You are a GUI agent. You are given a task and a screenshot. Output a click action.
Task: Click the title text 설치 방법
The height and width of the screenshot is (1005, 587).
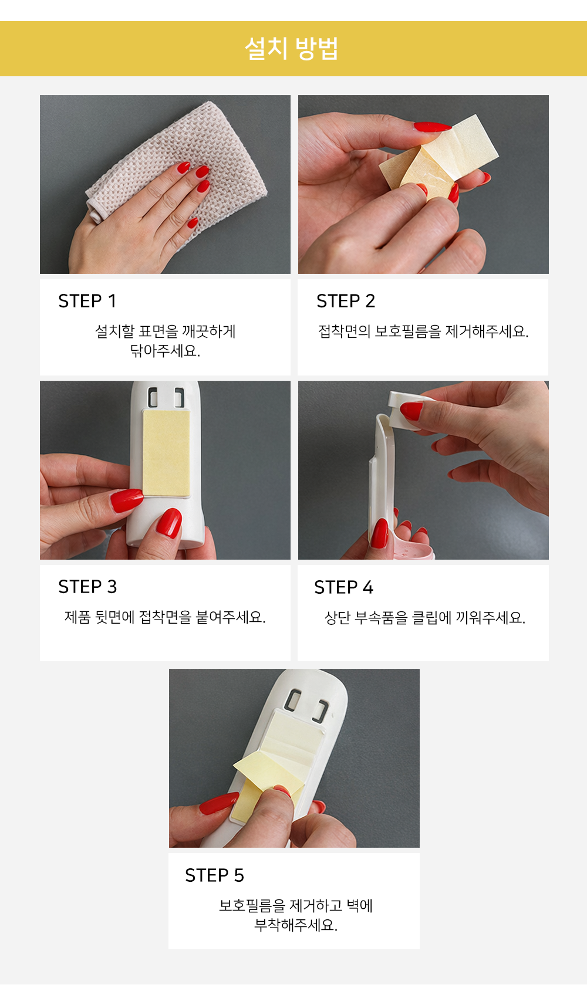click(291, 49)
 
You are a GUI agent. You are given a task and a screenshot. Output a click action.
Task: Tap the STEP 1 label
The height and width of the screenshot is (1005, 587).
click(87, 301)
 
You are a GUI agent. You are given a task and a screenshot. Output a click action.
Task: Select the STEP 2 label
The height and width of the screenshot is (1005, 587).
click(346, 301)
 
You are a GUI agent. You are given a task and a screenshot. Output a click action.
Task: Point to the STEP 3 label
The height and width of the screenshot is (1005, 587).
click(88, 587)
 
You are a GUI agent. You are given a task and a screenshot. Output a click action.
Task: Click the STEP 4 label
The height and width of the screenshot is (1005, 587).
click(344, 587)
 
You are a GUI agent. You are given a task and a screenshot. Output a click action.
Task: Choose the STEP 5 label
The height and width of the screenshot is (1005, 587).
click(214, 875)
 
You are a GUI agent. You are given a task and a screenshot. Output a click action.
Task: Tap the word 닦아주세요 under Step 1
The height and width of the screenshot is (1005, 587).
click(165, 351)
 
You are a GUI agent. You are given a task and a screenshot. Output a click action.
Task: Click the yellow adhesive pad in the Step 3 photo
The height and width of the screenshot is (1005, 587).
click(167, 453)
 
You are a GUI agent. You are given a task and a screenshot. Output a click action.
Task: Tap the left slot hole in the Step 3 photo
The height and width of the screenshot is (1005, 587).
click(153, 398)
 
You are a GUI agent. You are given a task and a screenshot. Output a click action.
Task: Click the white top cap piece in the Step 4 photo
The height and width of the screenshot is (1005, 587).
click(409, 411)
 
